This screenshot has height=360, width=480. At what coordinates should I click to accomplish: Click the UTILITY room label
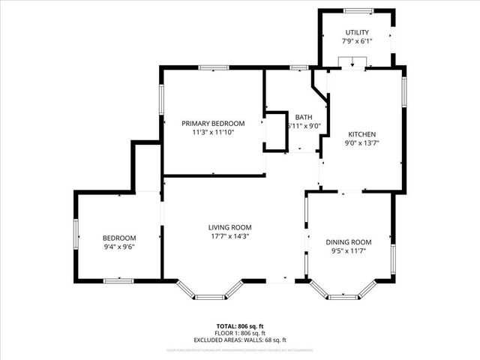(357, 32)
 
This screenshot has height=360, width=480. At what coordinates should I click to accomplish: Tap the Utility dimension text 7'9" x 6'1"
(357, 42)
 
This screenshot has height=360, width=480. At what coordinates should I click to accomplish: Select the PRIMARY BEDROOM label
(214, 123)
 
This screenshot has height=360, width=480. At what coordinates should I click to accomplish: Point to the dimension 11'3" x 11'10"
(214, 133)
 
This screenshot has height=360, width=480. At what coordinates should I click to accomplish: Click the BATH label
(303, 117)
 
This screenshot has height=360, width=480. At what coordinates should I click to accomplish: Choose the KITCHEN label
(361, 133)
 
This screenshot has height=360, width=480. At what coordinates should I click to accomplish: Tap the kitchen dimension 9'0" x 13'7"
(361, 143)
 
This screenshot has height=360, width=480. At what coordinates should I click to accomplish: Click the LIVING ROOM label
(230, 226)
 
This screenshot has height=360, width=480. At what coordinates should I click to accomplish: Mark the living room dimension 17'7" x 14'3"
(230, 236)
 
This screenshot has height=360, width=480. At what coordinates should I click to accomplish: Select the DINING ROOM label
(349, 241)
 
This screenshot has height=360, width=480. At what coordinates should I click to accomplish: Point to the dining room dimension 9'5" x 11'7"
(349, 251)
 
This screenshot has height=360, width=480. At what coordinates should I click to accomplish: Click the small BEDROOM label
(118, 237)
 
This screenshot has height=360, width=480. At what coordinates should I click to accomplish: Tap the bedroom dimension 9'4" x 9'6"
(118, 247)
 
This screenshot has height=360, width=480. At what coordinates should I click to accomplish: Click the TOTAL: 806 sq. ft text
(241, 327)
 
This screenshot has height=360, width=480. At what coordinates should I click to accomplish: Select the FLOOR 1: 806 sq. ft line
(241, 334)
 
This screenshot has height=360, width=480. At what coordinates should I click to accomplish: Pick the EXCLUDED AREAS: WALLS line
(241, 340)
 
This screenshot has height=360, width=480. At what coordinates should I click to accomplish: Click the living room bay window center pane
(210, 297)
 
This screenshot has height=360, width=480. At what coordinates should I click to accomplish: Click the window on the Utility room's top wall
(357, 10)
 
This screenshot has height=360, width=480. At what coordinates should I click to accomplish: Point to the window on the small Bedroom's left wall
(76, 237)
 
